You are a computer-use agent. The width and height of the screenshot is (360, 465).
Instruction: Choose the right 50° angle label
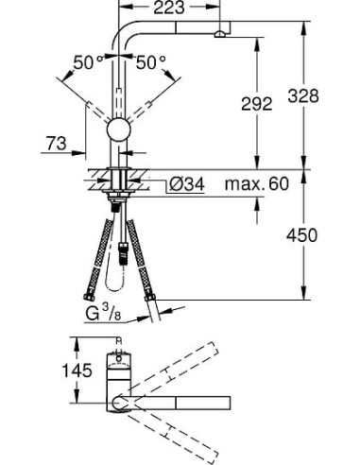pos(150,62)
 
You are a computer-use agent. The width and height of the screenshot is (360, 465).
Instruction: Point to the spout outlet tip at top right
pos(220,35)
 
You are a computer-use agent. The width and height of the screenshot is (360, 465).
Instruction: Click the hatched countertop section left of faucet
pos(98,176)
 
